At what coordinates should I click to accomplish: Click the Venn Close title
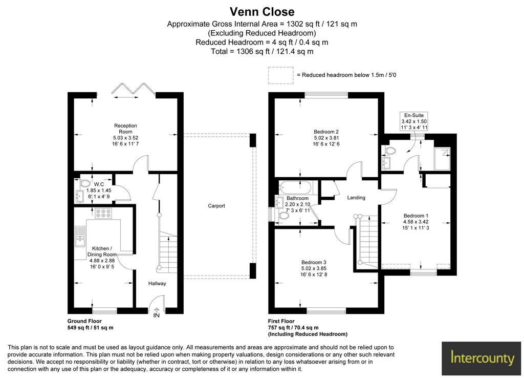[262, 12]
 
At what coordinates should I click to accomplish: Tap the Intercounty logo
[481, 359]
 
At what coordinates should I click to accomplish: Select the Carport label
[216, 206]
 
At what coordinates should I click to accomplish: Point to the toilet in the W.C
[84, 183]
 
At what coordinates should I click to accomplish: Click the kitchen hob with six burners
[103, 214]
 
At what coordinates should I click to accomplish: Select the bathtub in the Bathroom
[295, 187]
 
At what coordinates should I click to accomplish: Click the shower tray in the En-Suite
[442, 159]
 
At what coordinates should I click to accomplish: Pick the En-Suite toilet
[389, 151]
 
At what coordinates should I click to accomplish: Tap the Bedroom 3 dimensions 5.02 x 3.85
[314, 268]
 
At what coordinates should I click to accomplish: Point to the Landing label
[356, 197]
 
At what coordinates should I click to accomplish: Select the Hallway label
[157, 283]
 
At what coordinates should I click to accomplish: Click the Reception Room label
[126, 129]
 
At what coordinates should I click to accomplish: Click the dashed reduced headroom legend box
[281, 75]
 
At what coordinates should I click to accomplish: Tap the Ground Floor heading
[84, 321]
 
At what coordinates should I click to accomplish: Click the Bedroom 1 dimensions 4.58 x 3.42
[416, 221]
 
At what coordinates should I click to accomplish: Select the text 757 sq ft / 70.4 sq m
[293, 327]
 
